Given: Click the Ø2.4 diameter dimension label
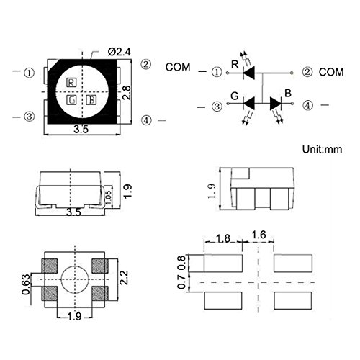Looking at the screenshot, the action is pyautogui.click(x=120, y=52).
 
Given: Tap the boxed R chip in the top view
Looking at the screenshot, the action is pyautogui.click(x=71, y=83).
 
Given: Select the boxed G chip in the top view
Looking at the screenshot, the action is pyautogui.click(x=71, y=100).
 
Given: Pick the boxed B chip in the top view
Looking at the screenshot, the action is pyautogui.click(x=91, y=100).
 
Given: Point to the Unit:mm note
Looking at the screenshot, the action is pyautogui.click(x=322, y=149).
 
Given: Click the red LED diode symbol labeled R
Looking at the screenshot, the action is pyautogui.click(x=249, y=73).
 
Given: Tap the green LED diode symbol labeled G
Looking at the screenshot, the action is pyautogui.click(x=249, y=104).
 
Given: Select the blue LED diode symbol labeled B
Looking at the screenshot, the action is pyautogui.click(x=276, y=104).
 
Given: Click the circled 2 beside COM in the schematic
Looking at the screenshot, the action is pyautogui.click(x=307, y=72).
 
